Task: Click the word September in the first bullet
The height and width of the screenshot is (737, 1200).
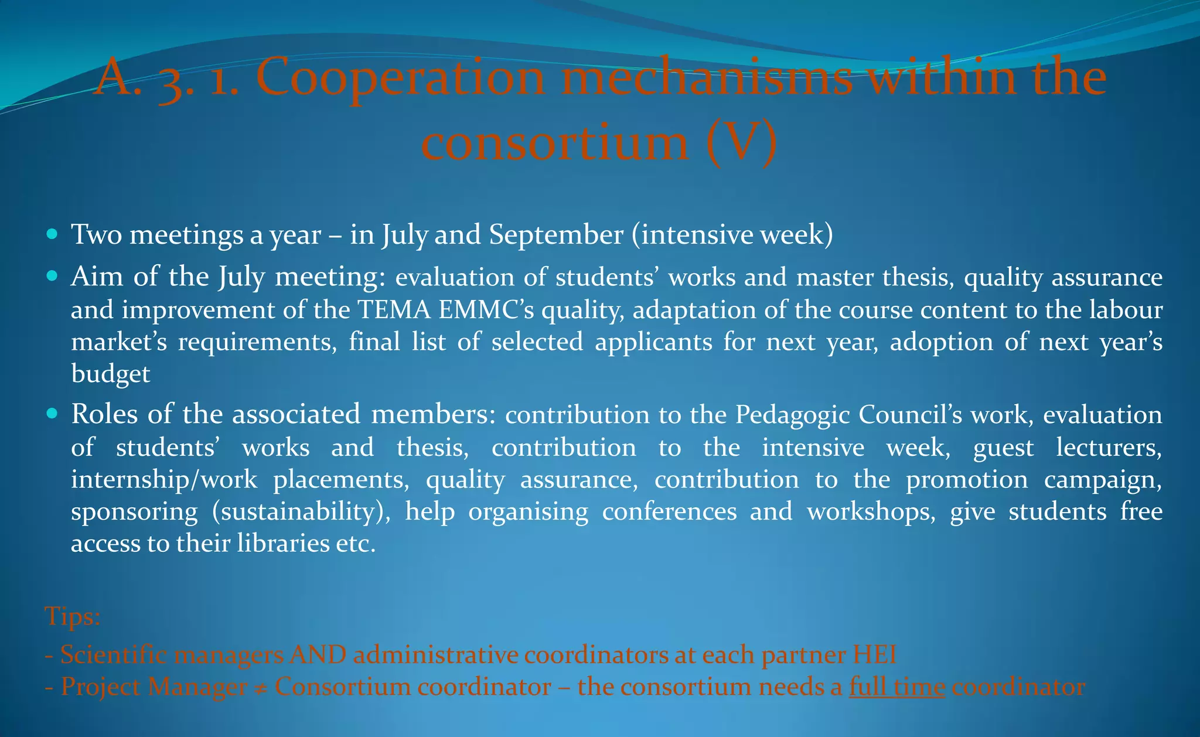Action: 556,235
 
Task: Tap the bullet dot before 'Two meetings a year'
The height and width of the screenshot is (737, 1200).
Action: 52,234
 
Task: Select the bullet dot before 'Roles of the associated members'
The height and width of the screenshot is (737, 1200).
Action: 52,414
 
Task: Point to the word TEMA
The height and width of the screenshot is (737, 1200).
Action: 394,310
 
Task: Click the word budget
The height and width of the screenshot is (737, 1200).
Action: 111,374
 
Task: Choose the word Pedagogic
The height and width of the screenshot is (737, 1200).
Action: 792,415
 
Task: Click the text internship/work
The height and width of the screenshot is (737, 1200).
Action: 164,480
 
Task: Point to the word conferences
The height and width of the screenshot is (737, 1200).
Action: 669,512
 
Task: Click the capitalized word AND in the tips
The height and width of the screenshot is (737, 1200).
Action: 318,654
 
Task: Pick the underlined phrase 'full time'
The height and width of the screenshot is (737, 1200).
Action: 897,687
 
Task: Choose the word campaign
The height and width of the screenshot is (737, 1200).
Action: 1103,480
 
